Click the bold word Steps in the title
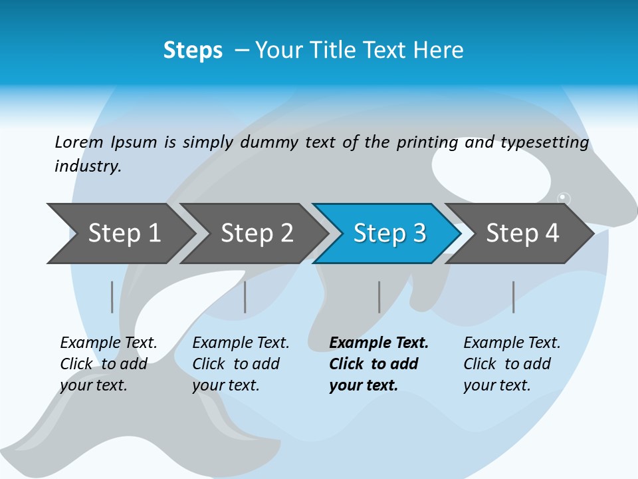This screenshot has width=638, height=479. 193,51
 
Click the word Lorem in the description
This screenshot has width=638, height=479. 79,142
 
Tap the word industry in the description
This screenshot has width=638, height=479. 88,166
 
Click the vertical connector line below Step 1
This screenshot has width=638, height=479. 112,297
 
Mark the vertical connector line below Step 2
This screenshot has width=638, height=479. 245,297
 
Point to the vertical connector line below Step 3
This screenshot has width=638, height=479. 379,297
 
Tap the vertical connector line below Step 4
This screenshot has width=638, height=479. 514,297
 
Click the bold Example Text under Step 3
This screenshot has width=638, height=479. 379,343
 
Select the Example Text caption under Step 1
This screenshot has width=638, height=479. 108,343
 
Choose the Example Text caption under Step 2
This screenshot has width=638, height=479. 241,343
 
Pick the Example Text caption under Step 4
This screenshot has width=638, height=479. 512,343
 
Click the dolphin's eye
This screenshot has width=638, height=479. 564,198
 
